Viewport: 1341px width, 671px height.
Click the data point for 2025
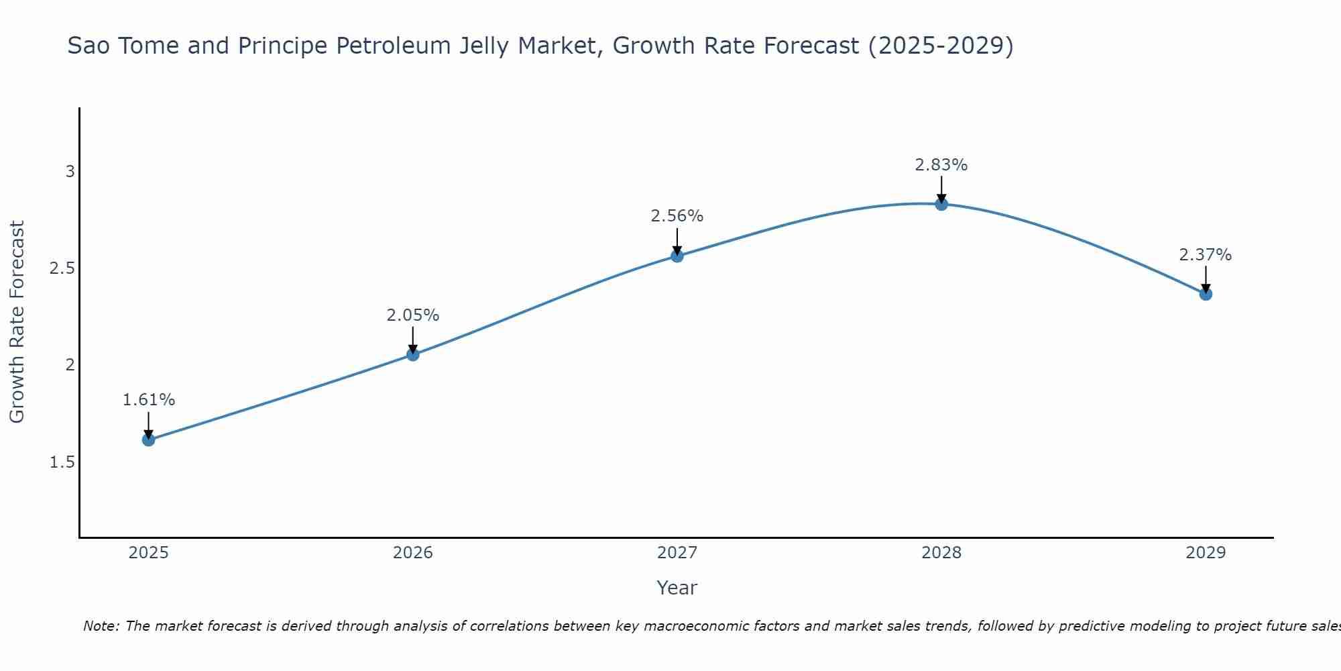coord(149,440)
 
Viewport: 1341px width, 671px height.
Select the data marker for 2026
coord(413,354)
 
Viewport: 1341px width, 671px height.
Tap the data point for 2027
coord(677,256)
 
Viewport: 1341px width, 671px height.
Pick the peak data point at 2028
coord(941,204)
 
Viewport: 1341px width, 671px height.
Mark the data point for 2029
coord(1206,294)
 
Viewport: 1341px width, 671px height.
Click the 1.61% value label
coord(149,400)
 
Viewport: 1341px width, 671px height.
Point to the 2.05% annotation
coord(413,315)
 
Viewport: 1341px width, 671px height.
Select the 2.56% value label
coord(677,216)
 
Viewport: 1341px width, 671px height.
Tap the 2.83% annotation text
coord(941,164)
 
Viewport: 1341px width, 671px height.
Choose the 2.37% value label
coord(1206,255)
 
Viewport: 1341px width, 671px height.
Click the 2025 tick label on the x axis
coord(149,553)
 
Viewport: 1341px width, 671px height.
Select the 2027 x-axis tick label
coord(677,553)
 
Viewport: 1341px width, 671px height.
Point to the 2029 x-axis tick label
coord(1206,553)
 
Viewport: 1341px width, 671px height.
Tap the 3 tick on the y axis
coord(70,172)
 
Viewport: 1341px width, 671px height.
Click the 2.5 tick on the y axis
coord(62,268)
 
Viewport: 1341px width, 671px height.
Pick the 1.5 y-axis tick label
coord(62,462)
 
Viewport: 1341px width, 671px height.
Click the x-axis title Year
coord(677,588)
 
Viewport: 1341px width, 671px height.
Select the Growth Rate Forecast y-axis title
coord(17,322)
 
